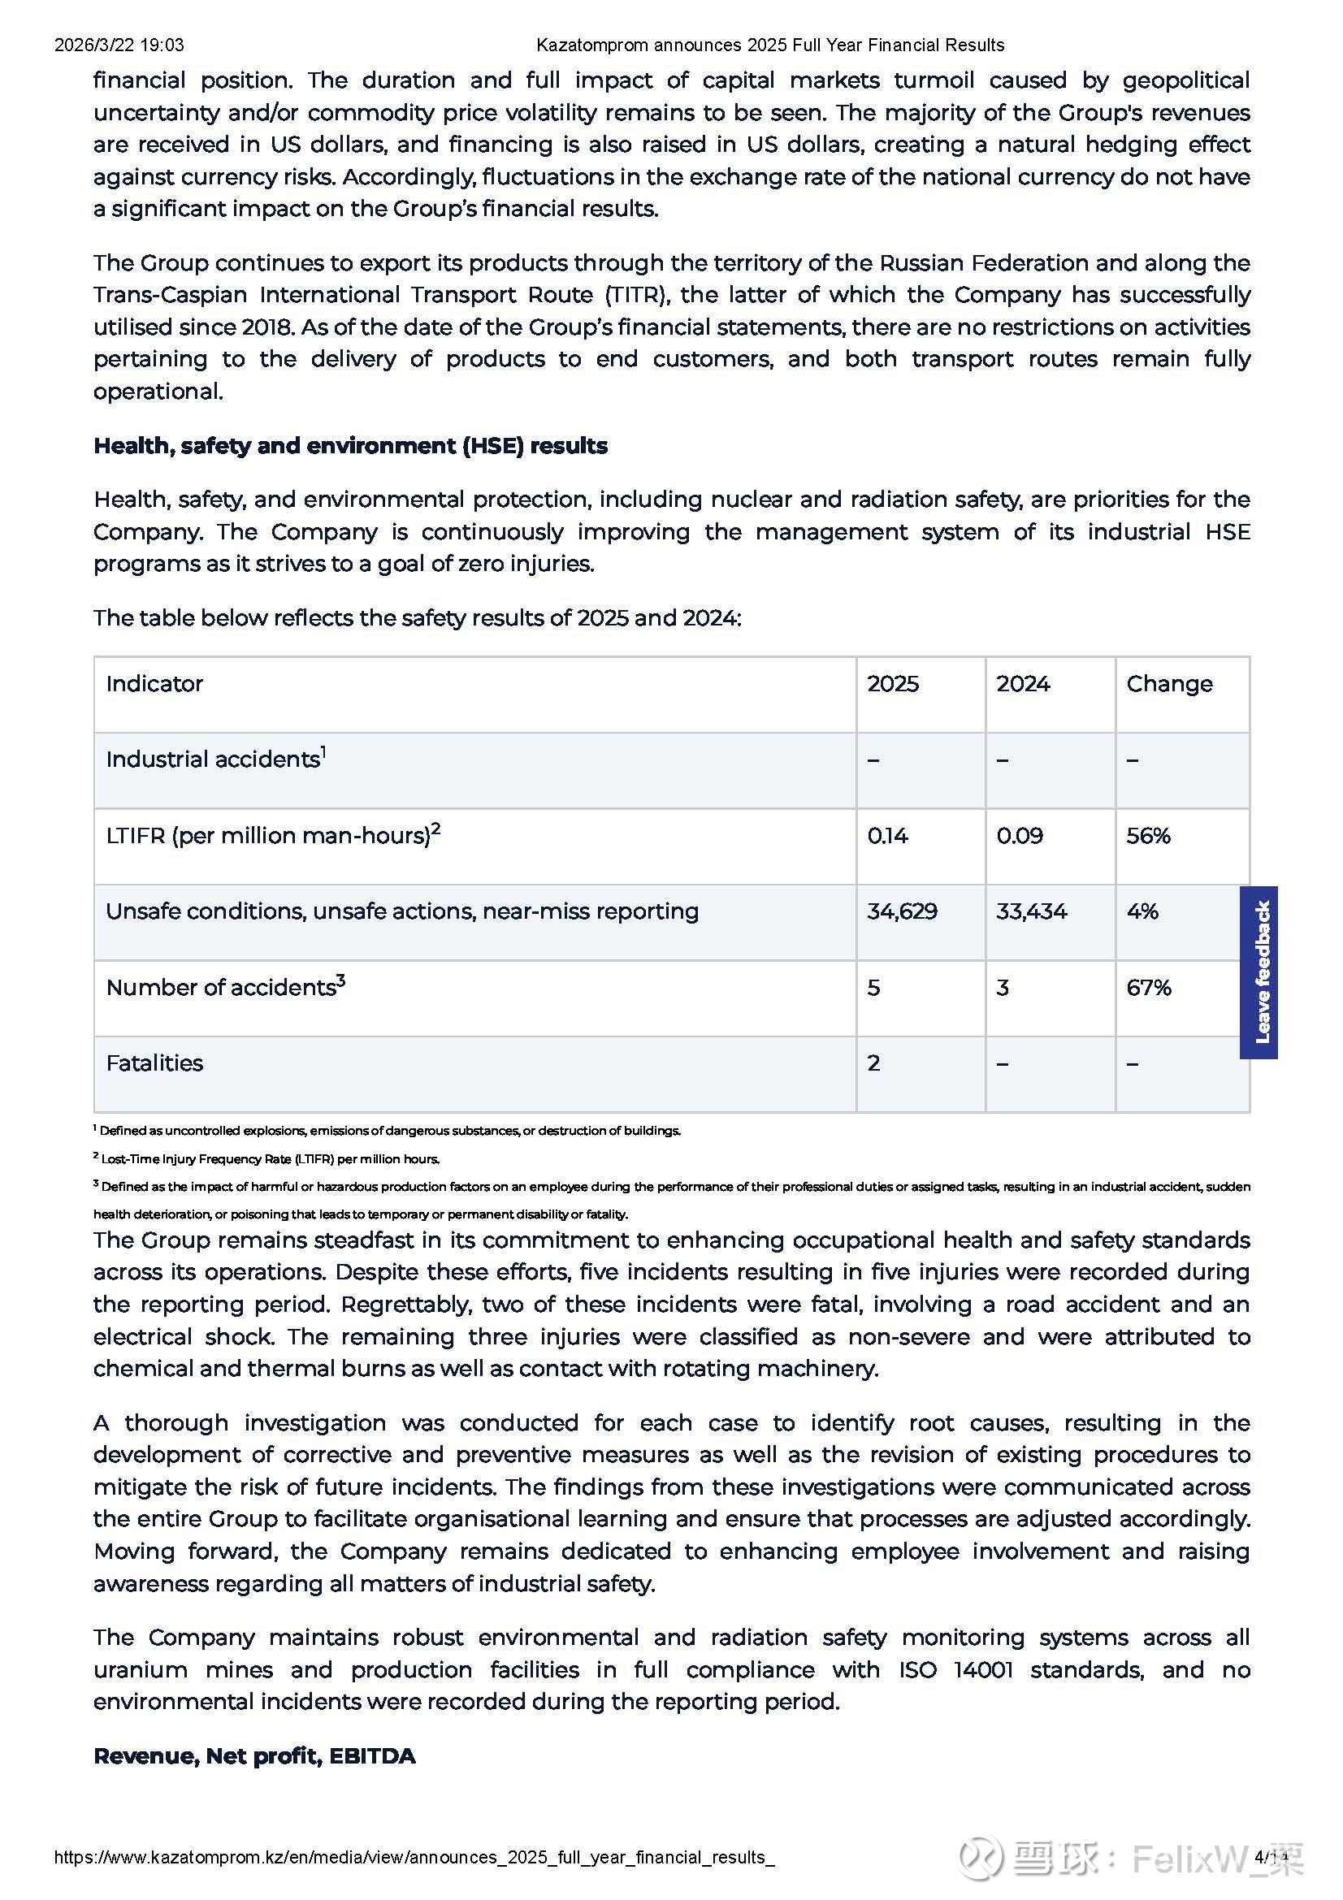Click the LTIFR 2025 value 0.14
887,836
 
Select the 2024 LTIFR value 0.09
1019,836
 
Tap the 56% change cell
1148,836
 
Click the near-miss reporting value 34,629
901,911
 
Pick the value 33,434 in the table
1031,911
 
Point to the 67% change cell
1149,987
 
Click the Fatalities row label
154,1063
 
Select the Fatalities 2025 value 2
873,1063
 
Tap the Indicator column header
154,683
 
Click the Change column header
1168,683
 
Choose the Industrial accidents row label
214,759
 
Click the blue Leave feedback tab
1259,972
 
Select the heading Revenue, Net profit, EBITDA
254,1755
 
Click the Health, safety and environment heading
350,446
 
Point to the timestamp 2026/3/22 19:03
119,45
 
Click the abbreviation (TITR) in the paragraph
635,295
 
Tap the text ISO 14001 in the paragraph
955,1669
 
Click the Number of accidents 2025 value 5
873,987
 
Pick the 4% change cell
1142,911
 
